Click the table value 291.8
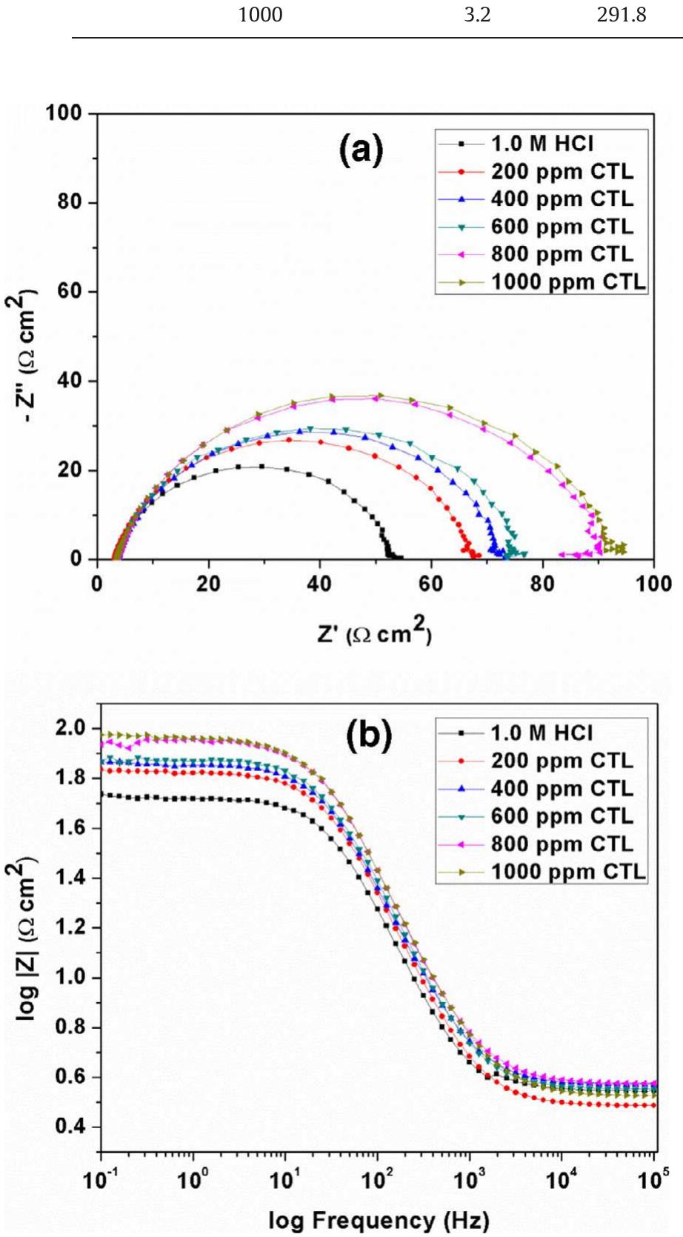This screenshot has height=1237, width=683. pos(622,15)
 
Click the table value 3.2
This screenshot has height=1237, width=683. pos(477,15)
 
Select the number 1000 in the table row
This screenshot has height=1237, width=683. pos(260,15)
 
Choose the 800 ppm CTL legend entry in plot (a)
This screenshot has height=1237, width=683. pos(562,254)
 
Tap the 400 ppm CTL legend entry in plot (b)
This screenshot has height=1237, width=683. pos(562,788)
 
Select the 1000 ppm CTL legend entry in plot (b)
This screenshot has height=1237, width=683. pos(568,872)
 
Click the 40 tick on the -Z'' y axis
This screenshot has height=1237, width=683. pos(70,381)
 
